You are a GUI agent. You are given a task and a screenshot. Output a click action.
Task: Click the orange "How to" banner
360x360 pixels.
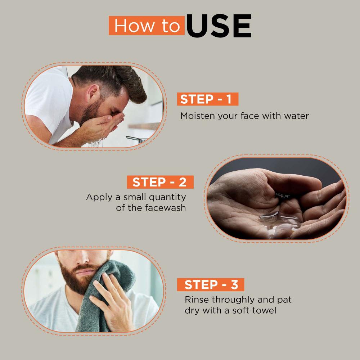147,26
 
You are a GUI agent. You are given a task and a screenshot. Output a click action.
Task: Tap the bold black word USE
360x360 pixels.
219,26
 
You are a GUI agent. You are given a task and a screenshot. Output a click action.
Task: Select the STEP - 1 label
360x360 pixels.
208,99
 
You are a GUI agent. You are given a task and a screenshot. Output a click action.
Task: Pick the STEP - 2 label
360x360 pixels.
160,182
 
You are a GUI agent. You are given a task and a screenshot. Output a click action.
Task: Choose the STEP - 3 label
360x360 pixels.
211,285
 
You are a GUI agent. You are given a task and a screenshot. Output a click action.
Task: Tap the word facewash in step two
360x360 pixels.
165,208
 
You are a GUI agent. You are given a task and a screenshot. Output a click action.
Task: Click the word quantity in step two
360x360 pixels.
167,197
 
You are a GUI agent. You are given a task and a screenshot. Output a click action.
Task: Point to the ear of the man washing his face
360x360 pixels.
93,92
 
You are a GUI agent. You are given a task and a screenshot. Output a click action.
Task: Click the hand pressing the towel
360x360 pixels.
111,301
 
